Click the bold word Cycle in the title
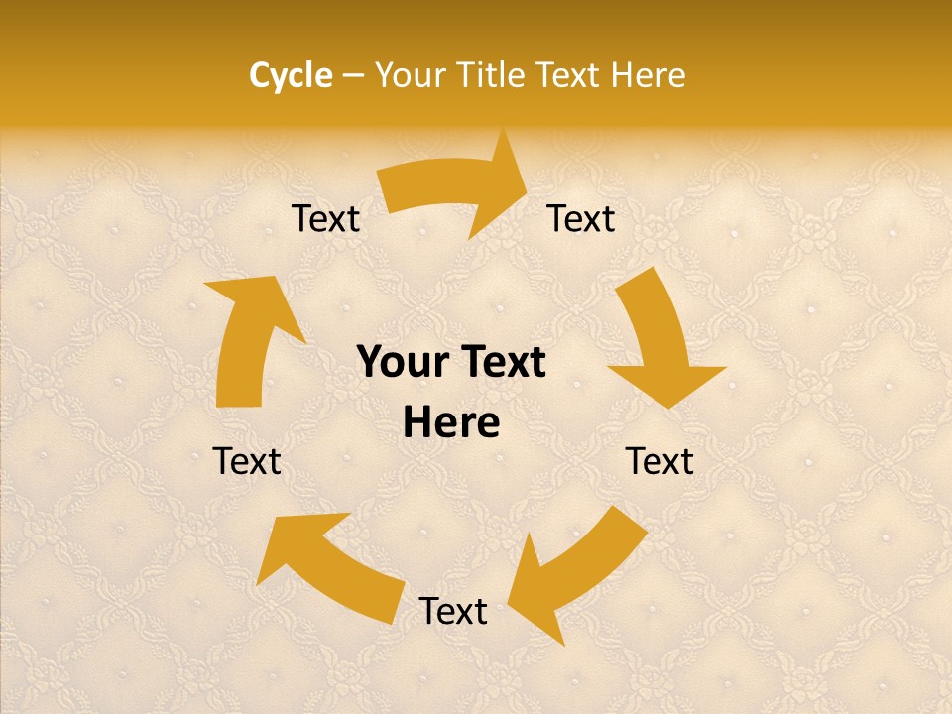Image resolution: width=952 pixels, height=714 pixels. (x=291, y=75)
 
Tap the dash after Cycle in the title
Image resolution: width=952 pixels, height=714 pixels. (x=354, y=75)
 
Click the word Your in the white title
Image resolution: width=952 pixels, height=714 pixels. (x=410, y=75)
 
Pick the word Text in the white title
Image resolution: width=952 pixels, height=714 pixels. (x=568, y=75)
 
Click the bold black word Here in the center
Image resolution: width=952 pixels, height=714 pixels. (x=451, y=422)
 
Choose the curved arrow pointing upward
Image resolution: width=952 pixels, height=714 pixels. (x=248, y=337)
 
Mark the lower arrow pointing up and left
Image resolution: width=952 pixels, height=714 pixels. (x=327, y=565)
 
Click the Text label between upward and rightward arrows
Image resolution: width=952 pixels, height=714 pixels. (x=325, y=219)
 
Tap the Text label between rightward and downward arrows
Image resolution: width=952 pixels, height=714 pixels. (x=581, y=219)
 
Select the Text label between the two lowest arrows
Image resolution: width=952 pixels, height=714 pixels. (x=453, y=612)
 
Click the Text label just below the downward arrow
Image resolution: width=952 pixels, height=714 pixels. (x=659, y=461)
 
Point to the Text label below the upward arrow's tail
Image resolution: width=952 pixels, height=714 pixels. (x=247, y=461)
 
